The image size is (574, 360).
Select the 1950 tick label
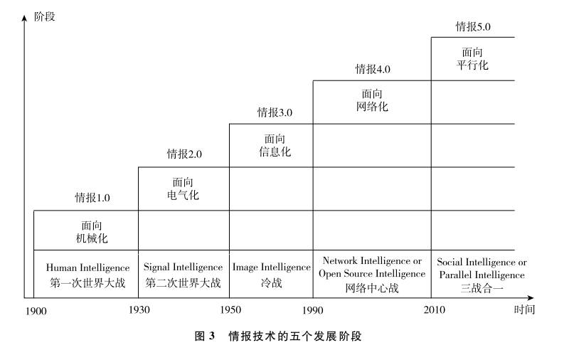click(x=229, y=310)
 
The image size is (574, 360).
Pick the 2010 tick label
click(x=431, y=310)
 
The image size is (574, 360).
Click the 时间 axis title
click(x=524, y=309)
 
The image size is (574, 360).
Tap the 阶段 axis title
click(x=44, y=16)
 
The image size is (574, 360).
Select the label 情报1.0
click(x=93, y=197)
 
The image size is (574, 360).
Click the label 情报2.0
click(x=185, y=154)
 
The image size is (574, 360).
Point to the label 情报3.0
click(x=275, y=112)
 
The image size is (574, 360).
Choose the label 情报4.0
click(x=373, y=69)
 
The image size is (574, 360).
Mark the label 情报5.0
click(x=473, y=27)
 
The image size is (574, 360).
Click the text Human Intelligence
click(x=87, y=268)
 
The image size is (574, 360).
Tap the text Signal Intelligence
click(x=183, y=268)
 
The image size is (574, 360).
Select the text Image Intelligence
click(x=272, y=268)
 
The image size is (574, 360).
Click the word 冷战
click(x=272, y=282)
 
